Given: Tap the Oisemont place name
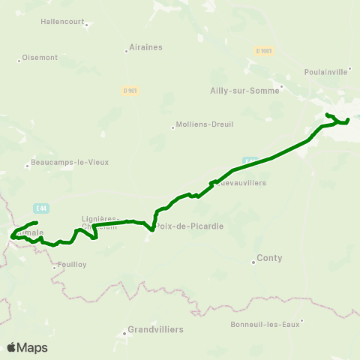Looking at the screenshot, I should tap(40, 57).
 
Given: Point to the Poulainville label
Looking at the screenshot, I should tap(326, 71).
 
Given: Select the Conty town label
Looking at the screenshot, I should tap(269, 258).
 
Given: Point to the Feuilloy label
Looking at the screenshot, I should tap(73, 264).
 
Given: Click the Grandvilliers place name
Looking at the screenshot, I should tap(155, 329).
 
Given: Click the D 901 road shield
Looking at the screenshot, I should tap(130, 91).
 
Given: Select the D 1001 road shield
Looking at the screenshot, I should tap(263, 51).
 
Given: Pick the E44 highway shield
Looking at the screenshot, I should tap(41, 207).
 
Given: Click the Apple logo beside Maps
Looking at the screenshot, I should tap(11, 347).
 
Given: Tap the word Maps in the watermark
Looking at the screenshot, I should tap(32, 347).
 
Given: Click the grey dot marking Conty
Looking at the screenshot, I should tap(253, 262).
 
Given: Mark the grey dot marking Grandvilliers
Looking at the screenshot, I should tap(124, 333).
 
